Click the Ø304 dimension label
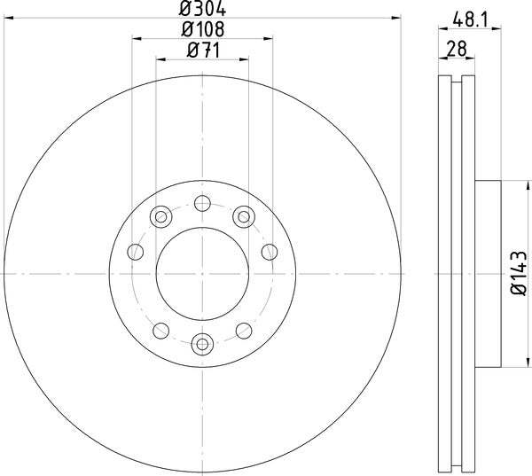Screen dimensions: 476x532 point(202,11)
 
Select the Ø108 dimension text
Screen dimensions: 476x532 point(202,30)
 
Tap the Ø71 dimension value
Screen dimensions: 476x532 point(203,51)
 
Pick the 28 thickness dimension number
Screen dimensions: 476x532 point(458,51)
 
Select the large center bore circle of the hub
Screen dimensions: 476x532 point(202,273)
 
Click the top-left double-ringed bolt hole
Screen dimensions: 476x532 point(160,215)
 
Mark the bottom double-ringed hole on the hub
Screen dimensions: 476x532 point(202,343)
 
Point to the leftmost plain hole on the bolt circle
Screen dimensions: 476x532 point(136,254)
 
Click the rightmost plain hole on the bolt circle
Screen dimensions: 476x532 point(269,254)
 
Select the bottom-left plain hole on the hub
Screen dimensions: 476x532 point(160,331)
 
